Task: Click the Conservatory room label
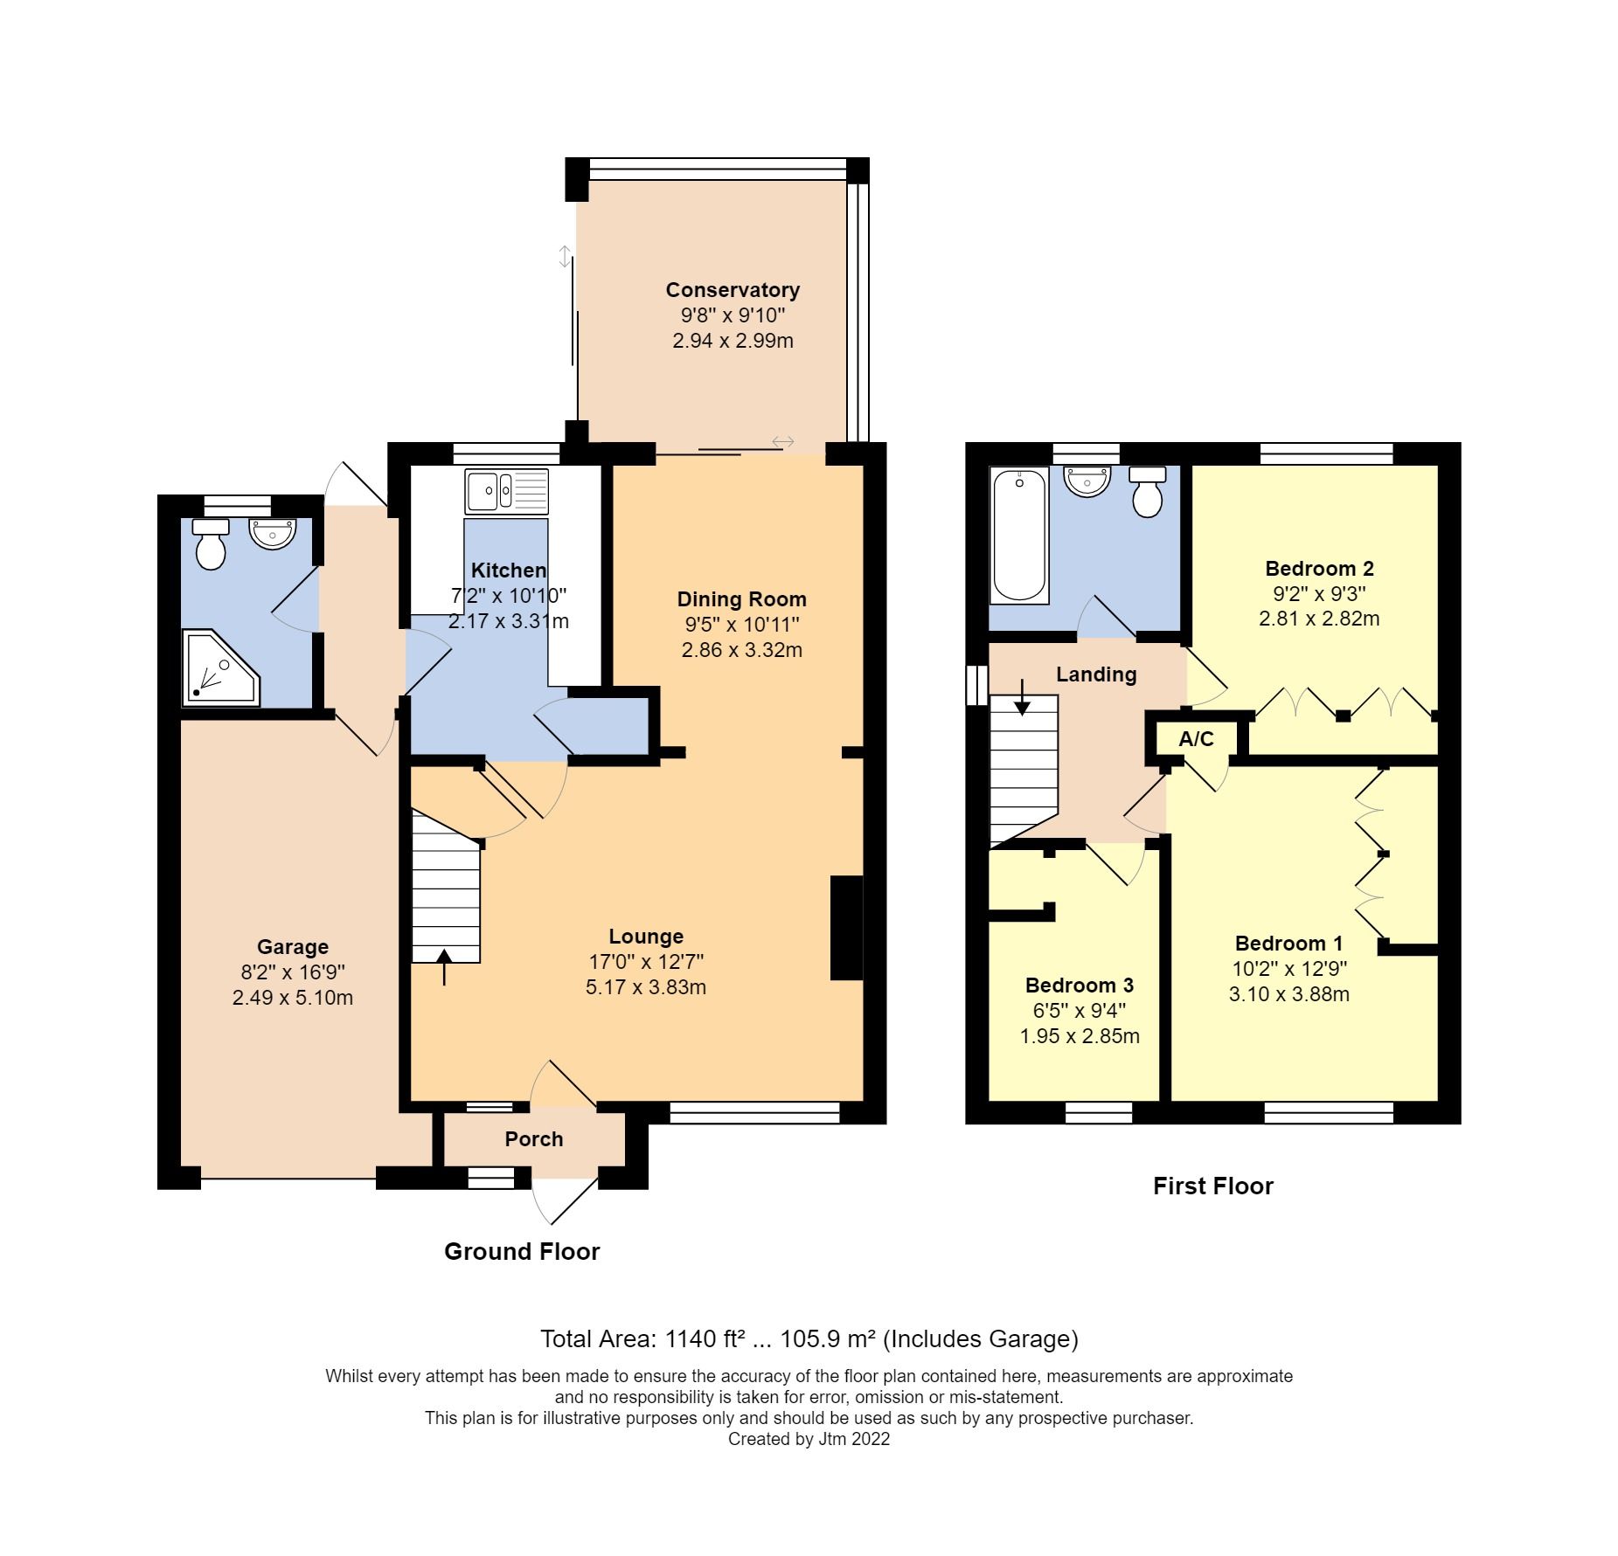coord(732,290)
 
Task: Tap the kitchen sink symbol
coord(506,492)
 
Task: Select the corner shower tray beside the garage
coord(219,668)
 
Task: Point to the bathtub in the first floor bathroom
coord(1018,536)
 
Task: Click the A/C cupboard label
coord(1196,739)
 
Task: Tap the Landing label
coord(1095,674)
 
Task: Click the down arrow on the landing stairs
coord(1022,697)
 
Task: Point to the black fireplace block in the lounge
coord(845,928)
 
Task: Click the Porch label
coord(533,1139)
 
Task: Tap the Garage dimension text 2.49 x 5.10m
coord(292,998)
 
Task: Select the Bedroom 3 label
coord(1079,985)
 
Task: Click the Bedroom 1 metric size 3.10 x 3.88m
coord(1288,994)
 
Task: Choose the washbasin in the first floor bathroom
coord(1087,481)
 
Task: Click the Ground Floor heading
coord(522,1251)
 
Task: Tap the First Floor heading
coord(1212,1186)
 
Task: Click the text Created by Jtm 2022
coord(809,1439)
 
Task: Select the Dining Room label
coord(741,599)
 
